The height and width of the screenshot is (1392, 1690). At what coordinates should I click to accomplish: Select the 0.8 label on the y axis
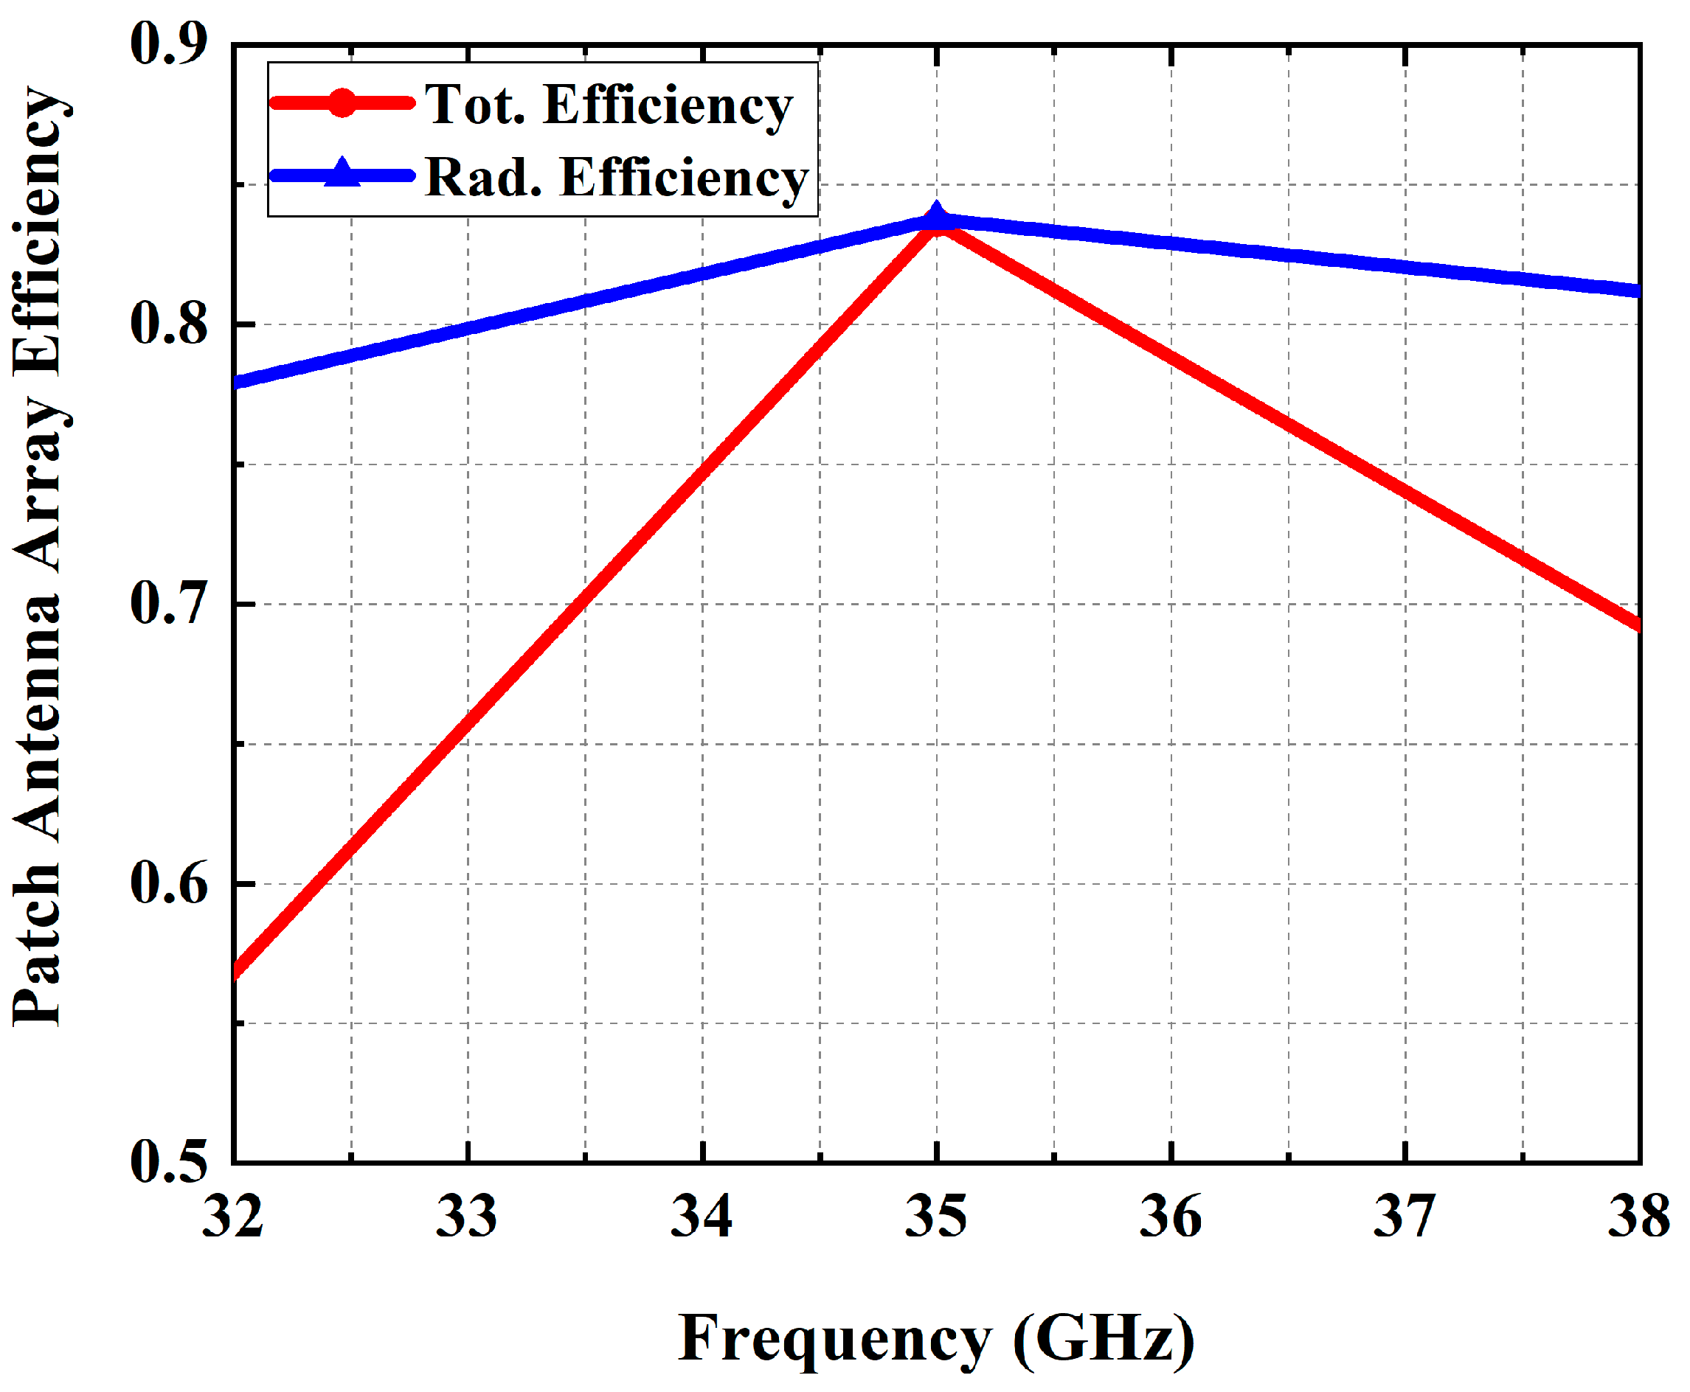tap(169, 324)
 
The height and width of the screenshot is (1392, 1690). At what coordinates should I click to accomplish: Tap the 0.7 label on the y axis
tap(169, 603)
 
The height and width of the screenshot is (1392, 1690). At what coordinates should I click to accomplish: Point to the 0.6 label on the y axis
tap(169, 883)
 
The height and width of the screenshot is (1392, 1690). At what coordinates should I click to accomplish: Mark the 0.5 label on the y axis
tap(169, 1162)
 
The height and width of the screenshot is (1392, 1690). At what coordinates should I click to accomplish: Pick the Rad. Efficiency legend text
tap(616, 177)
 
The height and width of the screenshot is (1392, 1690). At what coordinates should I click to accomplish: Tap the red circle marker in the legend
tap(342, 102)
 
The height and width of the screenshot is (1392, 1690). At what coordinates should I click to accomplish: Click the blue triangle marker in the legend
tap(342, 173)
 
